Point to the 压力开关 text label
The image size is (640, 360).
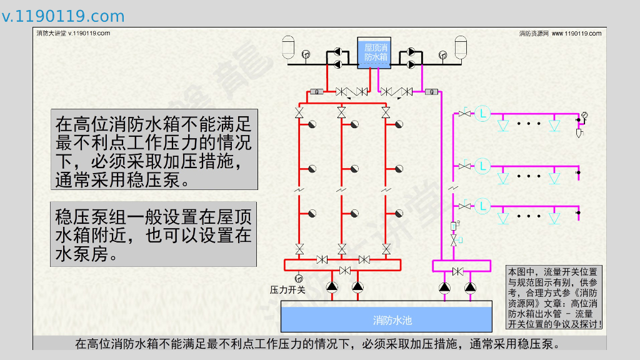[x=287, y=290]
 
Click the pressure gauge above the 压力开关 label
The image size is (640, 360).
[x=297, y=277]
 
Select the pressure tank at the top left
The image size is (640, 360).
[x=289, y=47]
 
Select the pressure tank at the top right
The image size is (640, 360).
[x=461, y=47]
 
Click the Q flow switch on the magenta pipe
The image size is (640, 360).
[x=431, y=92]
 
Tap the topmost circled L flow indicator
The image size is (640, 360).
[x=482, y=113]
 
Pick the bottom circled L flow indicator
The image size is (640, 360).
[x=482, y=205]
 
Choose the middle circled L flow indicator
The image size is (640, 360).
[x=482, y=166]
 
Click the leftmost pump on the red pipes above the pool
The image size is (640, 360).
[x=331, y=287]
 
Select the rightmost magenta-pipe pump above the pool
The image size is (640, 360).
[x=470, y=287]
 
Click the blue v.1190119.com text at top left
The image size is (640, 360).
[x=63, y=16]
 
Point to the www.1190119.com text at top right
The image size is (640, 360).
[x=576, y=33]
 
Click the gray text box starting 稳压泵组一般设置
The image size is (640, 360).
[x=154, y=234]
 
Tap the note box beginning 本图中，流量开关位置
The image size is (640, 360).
[x=554, y=297]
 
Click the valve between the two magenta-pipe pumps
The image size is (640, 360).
[x=457, y=271]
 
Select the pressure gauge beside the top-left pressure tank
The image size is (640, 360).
[x=306, y=54]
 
